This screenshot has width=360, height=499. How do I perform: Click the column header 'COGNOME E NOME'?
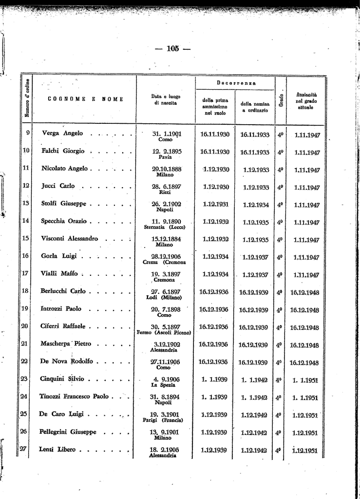[x=85, y=99]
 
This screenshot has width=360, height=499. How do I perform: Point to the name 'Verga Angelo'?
[x=62, y=133]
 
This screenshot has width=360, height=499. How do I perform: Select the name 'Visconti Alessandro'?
[x=70, y=239]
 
